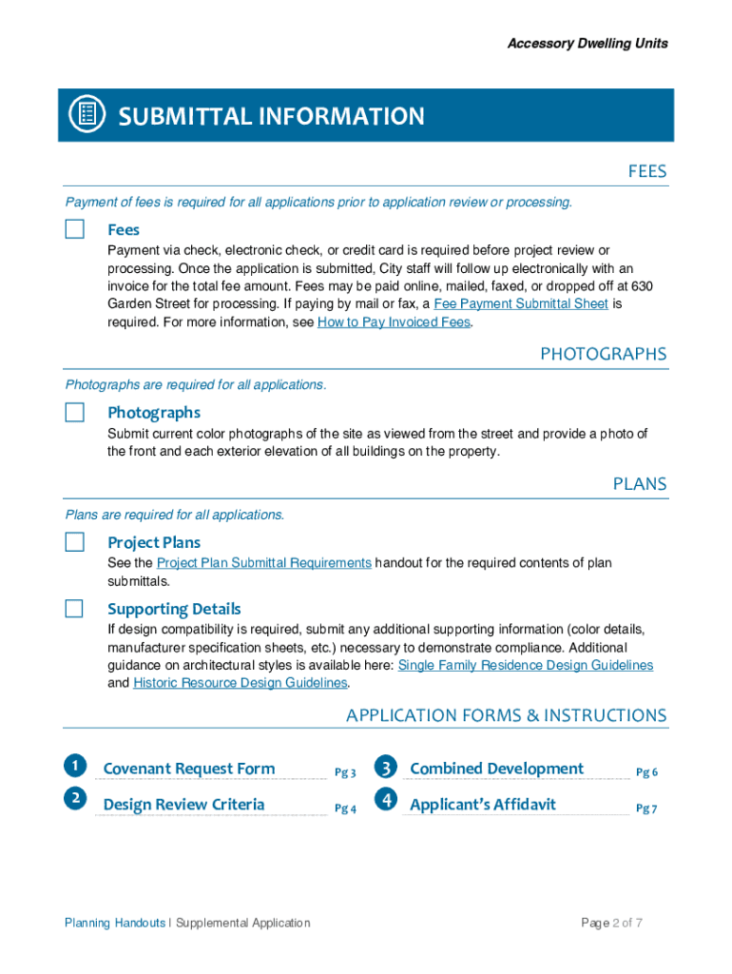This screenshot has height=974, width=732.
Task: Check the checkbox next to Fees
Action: coord(74,229)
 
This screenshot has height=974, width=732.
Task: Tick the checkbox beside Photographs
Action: coord(74,412)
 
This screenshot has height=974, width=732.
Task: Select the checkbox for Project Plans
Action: coord(74,542)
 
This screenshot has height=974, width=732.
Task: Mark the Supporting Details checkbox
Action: coord(74,609)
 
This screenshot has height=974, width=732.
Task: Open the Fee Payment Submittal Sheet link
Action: coord(520,303)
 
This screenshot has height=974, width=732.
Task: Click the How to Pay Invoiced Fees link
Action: coord(394,322)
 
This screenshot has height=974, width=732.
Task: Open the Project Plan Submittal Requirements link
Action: coord(263,563)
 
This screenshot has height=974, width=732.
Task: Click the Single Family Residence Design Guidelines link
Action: coord(525,665)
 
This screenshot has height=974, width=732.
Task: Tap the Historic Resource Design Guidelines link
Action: coord(241,683)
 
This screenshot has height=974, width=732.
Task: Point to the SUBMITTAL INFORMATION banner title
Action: coord(271,116)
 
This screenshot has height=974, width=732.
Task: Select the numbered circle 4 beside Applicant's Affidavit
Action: coord(385,801)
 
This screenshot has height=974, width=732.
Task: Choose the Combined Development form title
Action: coord(496,769)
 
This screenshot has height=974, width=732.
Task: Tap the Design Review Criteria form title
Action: coord(183,805)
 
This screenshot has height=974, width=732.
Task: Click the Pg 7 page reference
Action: coord(646,808)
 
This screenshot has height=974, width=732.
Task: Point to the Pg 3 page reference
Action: coord(345,772)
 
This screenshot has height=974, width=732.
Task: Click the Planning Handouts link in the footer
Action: coord(114,923)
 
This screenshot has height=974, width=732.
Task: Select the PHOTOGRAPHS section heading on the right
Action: coord(603,354)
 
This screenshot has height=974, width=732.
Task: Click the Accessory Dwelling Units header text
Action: coord(587,43)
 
